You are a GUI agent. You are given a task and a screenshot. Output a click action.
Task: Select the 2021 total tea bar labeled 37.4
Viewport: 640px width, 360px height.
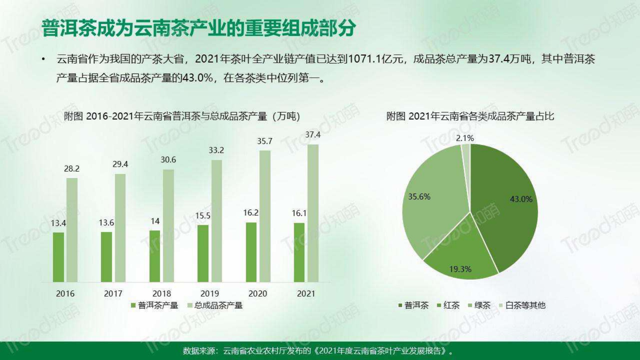313,213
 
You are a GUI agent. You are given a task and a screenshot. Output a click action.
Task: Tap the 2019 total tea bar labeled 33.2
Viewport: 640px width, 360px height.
217,221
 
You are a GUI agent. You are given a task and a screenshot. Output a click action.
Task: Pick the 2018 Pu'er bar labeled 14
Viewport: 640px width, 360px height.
155,256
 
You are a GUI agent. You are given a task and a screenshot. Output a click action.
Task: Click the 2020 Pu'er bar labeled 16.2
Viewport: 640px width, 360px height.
251,252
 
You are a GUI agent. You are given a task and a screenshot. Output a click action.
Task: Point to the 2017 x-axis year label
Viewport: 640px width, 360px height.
113,293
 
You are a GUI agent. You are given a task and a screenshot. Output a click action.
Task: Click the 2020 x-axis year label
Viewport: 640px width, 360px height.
258,293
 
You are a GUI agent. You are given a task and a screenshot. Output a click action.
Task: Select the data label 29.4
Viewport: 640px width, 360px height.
120,164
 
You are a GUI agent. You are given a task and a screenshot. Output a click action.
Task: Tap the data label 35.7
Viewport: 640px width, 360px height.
265,141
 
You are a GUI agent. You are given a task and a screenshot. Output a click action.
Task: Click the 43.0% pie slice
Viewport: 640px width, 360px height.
506,208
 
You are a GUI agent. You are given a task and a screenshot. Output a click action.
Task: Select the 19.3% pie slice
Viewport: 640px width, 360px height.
461,256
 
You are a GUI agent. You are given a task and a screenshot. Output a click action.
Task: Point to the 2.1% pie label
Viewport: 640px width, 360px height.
465,138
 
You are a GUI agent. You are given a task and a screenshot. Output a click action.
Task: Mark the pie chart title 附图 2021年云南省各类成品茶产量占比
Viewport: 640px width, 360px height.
470,116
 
